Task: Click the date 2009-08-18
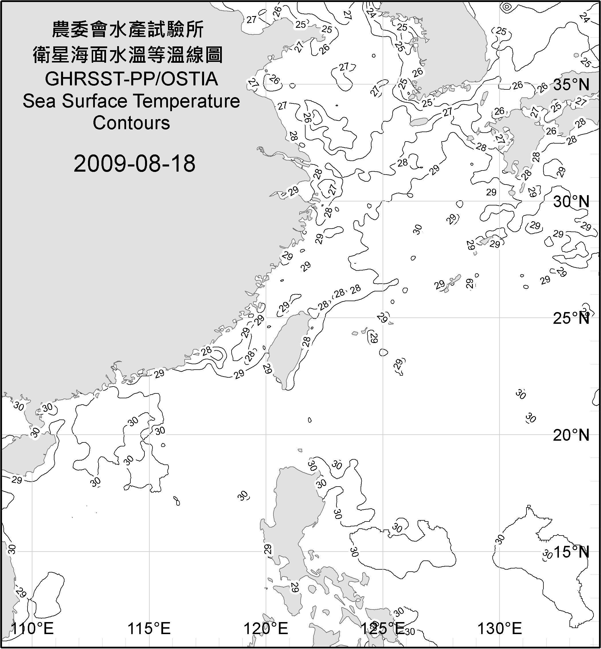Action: click(134, 164)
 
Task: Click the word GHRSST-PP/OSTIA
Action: click(131, 79)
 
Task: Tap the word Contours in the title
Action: click(131, 123)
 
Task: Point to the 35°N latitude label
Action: click(571, 85)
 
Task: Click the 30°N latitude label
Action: click(571, 202)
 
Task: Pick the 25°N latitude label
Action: click(571, 318)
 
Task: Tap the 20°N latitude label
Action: click(571, 435)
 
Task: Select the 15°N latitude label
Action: click(571, 552)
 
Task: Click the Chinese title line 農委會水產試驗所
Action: click(128, 30)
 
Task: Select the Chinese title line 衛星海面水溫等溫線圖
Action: click(128, 55)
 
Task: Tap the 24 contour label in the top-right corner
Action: click(584, 17)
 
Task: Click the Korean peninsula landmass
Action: click(455, 49)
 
